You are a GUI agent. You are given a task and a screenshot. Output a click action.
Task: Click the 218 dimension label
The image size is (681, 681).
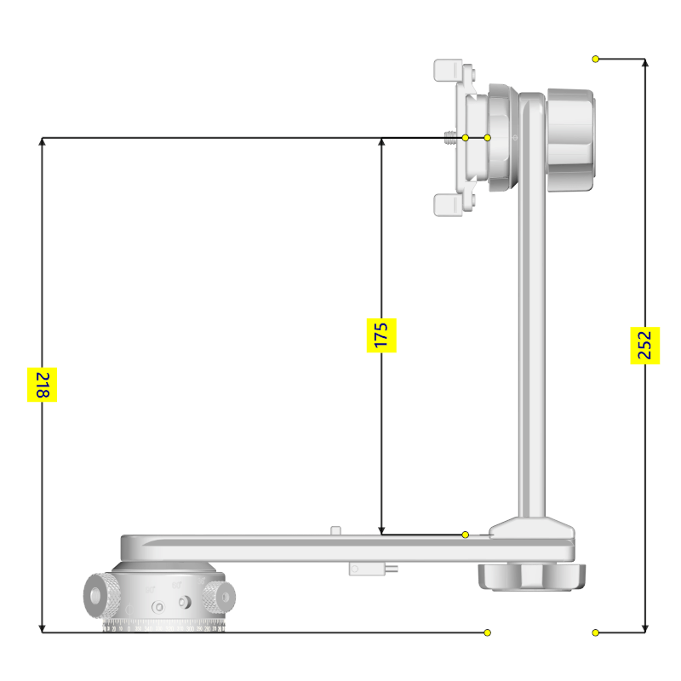(42, 385)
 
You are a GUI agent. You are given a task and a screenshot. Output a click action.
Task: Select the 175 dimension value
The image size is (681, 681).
(382, 335)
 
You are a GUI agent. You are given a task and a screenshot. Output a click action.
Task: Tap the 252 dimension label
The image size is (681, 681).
(644, 345)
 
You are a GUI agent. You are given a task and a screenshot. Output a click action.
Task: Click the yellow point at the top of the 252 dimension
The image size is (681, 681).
(596, 59)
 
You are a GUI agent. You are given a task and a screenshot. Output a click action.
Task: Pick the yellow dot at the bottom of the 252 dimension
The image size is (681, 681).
(596, 632)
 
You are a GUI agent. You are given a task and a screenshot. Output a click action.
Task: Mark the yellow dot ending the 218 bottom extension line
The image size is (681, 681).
(487, 632)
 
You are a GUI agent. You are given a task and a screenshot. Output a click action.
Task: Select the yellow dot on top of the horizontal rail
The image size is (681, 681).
(465, 535)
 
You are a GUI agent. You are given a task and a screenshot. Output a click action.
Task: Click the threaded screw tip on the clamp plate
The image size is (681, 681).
(450, 137)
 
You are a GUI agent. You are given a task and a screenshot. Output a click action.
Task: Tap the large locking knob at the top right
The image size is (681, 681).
(570, 140)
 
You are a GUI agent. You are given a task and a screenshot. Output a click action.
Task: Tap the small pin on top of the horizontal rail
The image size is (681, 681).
(335, 530)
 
